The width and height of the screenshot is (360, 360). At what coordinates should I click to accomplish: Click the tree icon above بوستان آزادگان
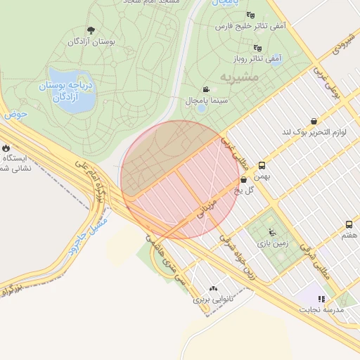91,30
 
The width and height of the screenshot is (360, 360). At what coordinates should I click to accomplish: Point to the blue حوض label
15,112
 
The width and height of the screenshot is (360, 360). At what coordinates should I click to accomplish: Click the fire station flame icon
6,148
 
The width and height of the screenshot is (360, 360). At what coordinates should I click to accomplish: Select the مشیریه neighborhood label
238,76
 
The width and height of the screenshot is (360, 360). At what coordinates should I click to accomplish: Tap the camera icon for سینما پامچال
205,90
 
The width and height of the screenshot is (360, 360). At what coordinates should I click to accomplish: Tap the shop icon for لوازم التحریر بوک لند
313,121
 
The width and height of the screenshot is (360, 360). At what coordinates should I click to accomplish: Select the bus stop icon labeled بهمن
262,166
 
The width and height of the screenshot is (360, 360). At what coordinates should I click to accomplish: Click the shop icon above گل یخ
243,179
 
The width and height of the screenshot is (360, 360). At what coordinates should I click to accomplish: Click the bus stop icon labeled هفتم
349,224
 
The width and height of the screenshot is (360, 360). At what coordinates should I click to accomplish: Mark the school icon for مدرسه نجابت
322,299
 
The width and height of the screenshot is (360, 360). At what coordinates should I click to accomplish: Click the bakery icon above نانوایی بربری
213,288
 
